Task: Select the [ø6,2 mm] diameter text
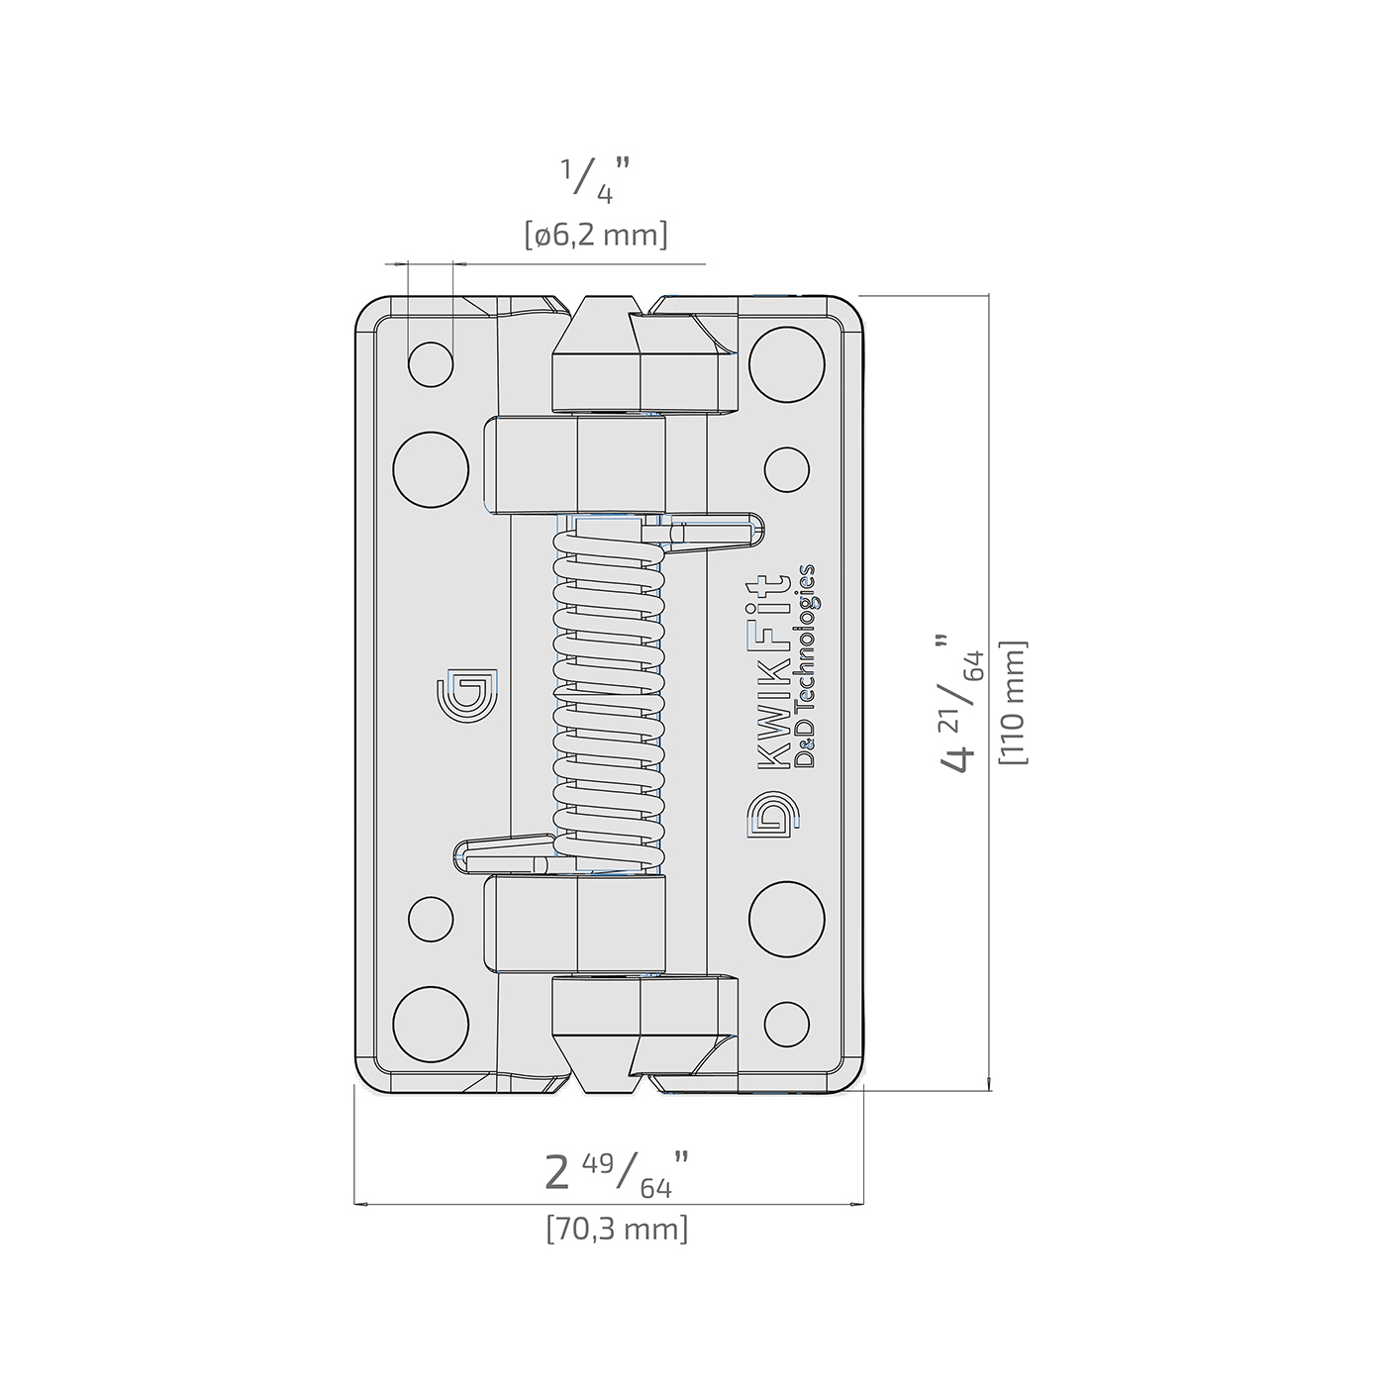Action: [x=596, y=236]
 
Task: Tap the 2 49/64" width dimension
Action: [x=618, y=1175]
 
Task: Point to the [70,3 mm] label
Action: [x=617, y=1229]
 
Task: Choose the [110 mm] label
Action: [x=1015, y=703]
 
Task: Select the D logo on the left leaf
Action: [x=467, y=695]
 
